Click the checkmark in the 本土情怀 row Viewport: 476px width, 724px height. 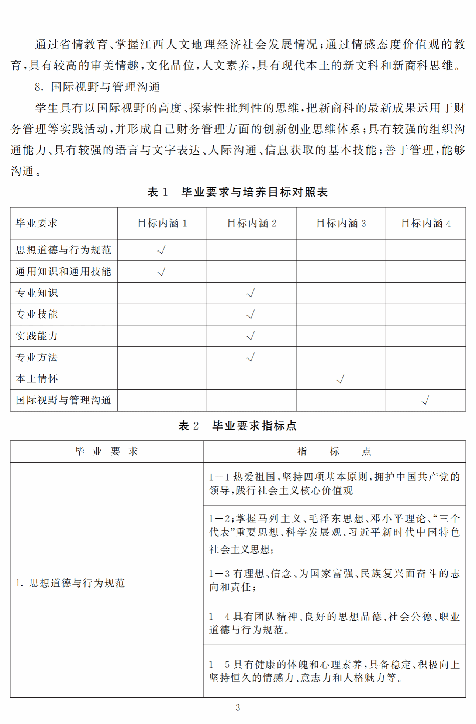click(x=340, y=379)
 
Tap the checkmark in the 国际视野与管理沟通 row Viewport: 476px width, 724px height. click(x=425, y=400)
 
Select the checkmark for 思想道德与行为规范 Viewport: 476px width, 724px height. click(x=161, y=250)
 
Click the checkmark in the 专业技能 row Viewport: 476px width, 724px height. click(x=251, y=315)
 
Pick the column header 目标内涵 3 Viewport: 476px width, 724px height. click(x=341, y=223)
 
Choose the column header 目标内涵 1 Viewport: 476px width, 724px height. click(x=162, y=223)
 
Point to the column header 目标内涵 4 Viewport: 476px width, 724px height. click(x=426, y=223)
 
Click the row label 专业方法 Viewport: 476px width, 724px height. click(x=37, y=357)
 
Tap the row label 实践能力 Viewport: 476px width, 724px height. click(x=37, y=336)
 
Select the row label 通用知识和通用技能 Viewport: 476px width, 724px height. click(x=63, y=271)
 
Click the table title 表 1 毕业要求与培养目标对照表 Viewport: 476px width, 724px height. click(x=238, y=192)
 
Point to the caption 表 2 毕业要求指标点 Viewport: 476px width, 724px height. click(x=238, y=426)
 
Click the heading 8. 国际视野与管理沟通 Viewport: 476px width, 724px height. click(x=97, y=87)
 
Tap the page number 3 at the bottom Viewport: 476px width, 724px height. click(x=238, y=707)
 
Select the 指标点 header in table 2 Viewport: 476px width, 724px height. click(x=334, y=451)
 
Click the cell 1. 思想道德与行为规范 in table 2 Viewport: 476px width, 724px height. click(x=70, y=583)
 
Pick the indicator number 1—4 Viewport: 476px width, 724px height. click(x=219, y=616)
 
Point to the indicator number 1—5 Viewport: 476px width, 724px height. click(x=219, y=665)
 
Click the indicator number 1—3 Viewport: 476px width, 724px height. click(x=219, y=574)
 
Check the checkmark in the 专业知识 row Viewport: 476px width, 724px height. click(x=251, y=293)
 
